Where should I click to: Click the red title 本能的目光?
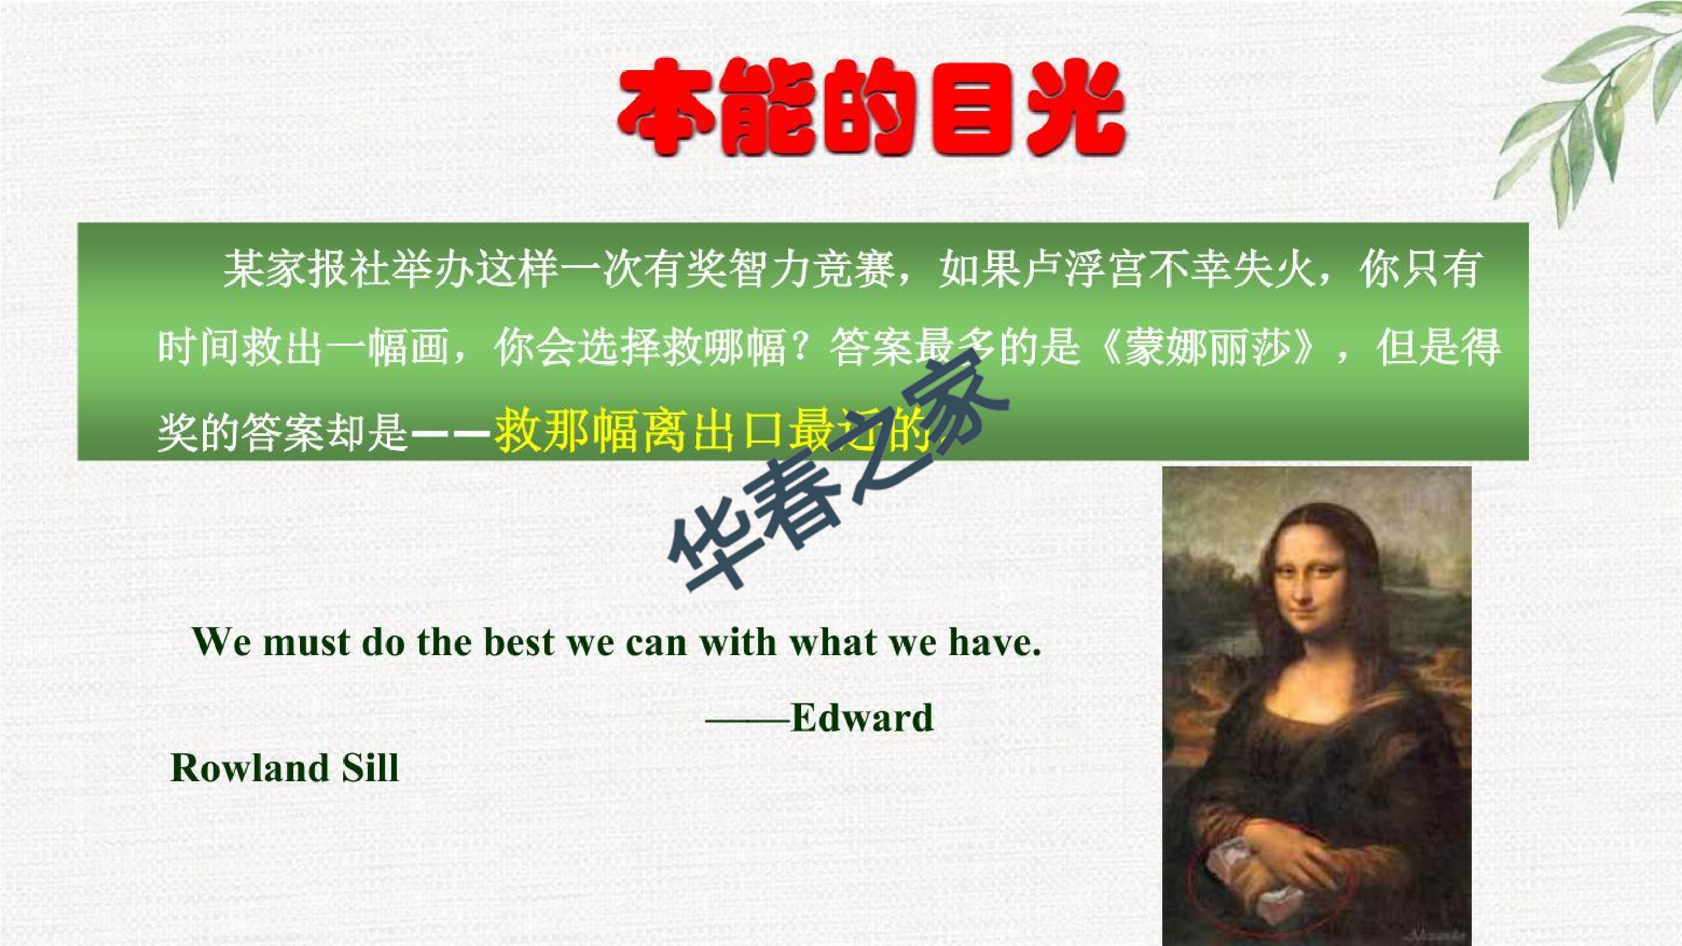(872, 108)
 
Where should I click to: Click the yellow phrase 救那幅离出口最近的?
(711, 431)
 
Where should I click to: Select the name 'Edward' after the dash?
(862, 718)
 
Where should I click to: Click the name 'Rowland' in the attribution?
(249, 767)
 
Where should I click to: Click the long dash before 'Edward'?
(747, 720)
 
